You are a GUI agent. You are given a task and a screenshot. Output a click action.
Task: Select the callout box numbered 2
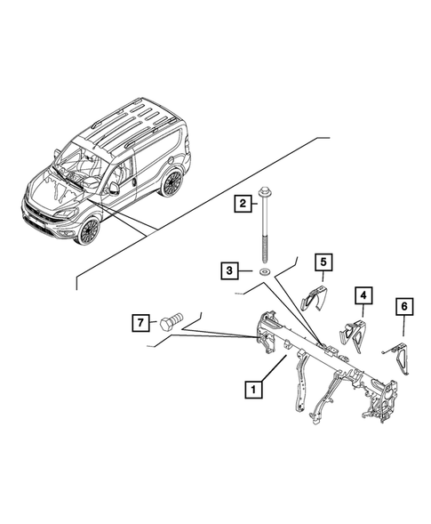241,205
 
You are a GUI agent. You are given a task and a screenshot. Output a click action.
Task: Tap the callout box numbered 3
230,269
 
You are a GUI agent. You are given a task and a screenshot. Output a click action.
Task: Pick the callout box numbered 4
363,294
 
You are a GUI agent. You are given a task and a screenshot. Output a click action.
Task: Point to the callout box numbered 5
323,262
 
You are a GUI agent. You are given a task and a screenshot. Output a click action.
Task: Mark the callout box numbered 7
140,323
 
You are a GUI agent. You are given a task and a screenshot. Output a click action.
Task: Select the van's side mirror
115,189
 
